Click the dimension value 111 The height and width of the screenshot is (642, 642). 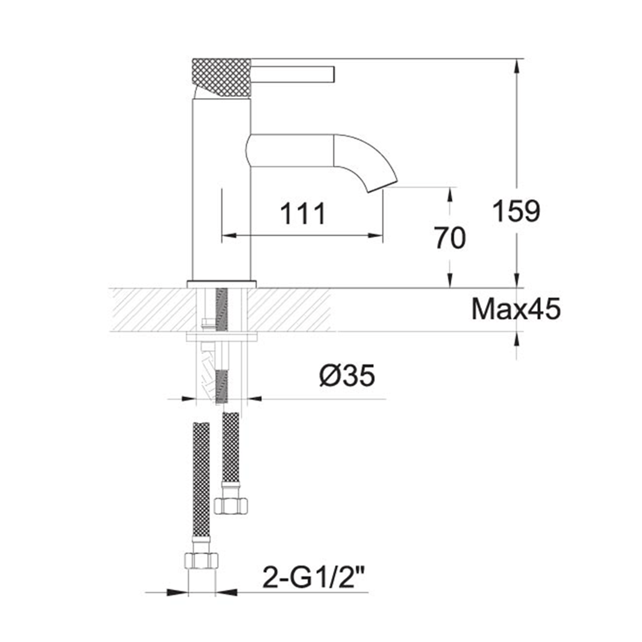pos(303,214)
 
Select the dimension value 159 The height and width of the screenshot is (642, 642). pos(517,211)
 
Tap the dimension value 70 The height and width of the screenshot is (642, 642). pos(449,239)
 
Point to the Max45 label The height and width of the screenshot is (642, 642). pos(516,310)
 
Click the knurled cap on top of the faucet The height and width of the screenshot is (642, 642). pos(221,76)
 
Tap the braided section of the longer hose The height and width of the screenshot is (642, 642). pos(201,482)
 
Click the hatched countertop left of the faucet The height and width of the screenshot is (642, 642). pos(151,310)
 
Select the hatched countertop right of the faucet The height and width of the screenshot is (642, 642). pos(289,310)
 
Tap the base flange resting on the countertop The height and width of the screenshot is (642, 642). pos(221,284)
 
